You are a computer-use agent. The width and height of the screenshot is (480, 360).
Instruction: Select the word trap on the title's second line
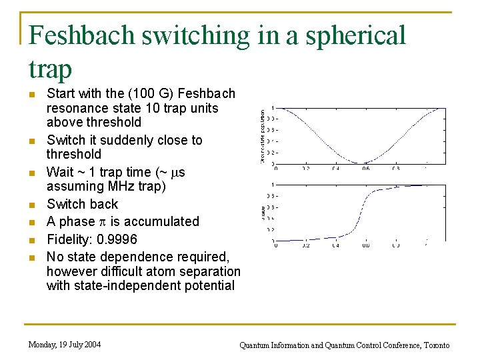point(51,68)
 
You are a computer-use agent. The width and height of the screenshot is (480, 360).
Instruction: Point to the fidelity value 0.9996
point(118,239)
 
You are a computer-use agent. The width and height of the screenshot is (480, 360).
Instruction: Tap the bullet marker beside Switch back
point(31,205)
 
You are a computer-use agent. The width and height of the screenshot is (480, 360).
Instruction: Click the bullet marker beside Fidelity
point(31,239)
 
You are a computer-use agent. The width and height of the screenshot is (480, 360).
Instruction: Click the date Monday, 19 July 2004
point(65,345)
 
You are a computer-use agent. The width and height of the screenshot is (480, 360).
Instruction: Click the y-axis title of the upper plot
point(263,136)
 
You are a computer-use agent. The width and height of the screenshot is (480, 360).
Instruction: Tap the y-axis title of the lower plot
point(263,212)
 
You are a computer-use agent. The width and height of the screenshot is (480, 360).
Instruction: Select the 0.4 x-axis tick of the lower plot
point(336,245)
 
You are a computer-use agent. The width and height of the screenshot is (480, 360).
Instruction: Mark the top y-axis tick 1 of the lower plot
point(270,184)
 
